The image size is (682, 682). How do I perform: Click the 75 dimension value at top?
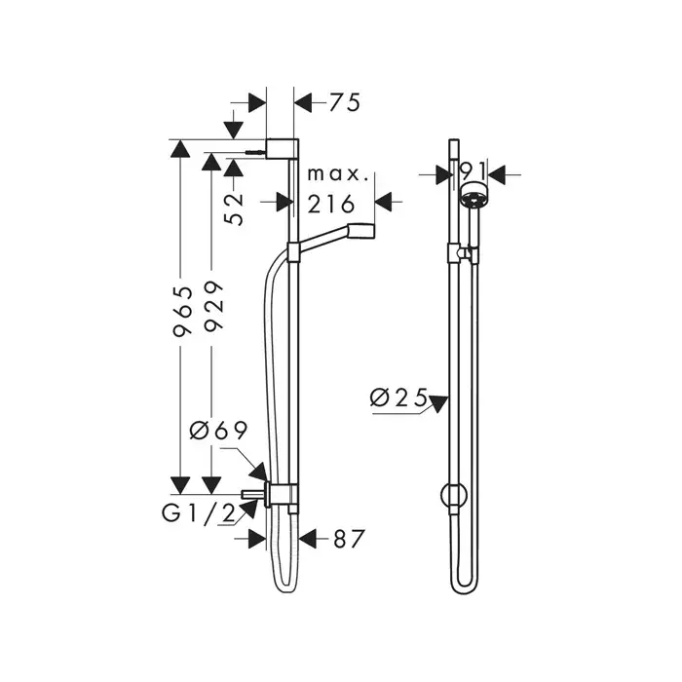345,103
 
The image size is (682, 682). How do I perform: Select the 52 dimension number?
235,209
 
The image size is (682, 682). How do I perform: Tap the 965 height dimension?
182,312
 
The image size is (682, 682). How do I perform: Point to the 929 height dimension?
213,307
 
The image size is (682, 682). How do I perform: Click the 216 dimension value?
331,204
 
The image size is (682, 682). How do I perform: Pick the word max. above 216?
338,174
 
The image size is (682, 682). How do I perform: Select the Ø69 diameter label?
219,431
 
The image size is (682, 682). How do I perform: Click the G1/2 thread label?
199,513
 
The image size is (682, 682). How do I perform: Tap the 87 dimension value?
349,540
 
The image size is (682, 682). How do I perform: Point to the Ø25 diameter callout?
398,398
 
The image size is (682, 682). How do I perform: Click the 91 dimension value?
473,170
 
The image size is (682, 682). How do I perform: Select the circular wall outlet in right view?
454,495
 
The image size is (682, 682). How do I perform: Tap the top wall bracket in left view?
282,149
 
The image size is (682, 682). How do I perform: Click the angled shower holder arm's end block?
360,231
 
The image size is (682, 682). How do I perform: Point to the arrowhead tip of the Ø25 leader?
448,397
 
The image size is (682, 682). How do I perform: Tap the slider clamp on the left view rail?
293,252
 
